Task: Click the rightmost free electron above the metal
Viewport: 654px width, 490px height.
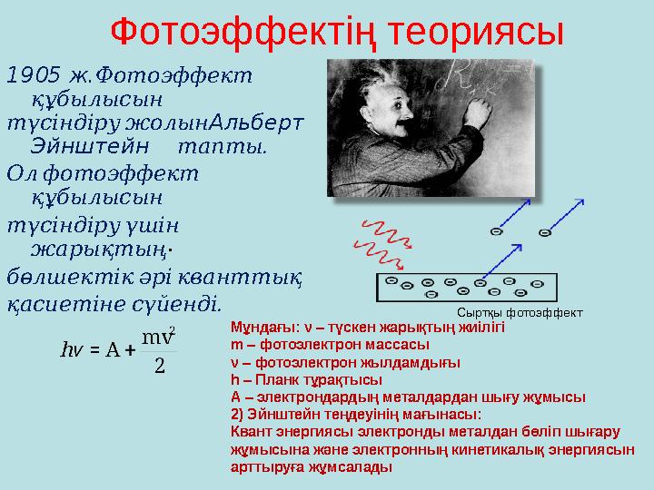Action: click(x=545, y=232)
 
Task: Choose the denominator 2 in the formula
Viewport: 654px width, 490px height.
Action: click(x=160, y=365)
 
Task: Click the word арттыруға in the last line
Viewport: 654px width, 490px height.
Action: click(x=263, y=466)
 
